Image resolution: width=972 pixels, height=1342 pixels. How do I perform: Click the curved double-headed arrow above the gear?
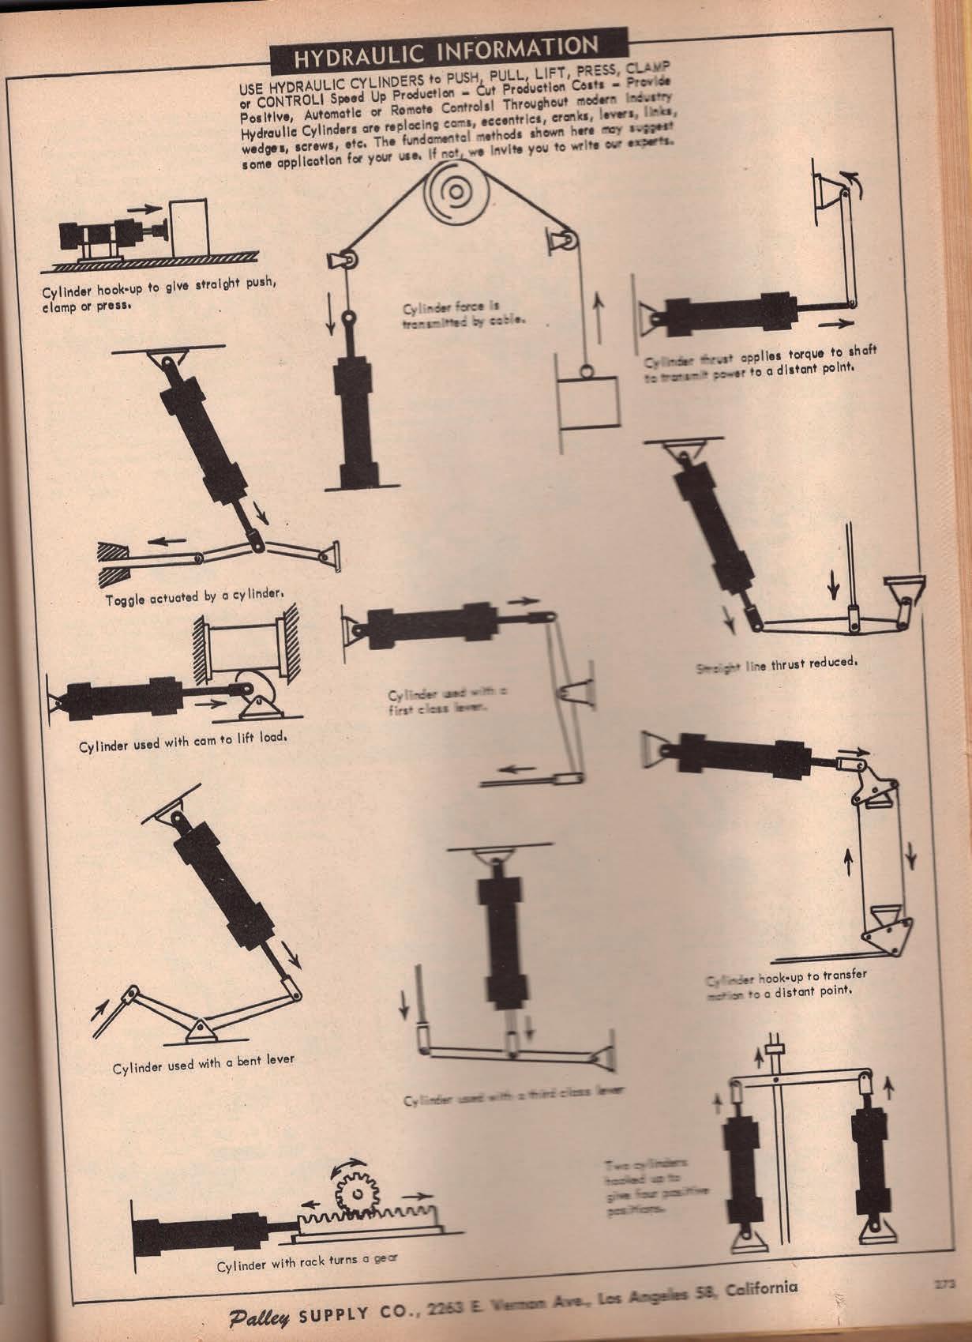point(353,1164)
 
